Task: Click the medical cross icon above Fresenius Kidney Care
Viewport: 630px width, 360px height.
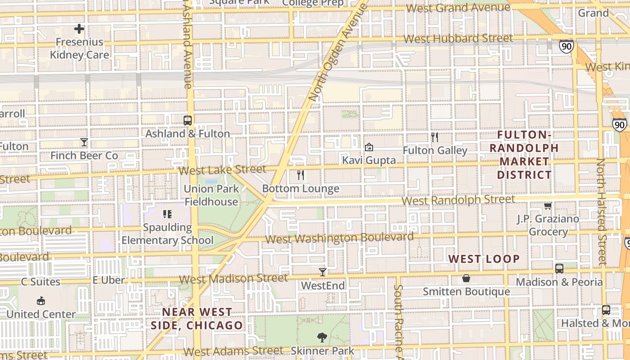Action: [x=79, y=29]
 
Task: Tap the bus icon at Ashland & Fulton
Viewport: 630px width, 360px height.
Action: [x=188, y=121]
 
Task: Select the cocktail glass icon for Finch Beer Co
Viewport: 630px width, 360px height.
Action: [x=84, y=143]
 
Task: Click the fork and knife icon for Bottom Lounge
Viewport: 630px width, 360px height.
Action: [x=301, y=175]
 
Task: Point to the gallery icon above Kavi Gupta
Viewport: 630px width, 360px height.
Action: [x=369, y=147]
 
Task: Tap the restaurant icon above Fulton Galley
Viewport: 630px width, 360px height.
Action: [x=435, y=137]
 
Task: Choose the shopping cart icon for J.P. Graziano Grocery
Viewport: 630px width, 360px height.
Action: [x=548, y=206]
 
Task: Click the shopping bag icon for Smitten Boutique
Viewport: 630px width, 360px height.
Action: [x=466, y=279]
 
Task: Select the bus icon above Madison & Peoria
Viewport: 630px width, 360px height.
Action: [x=559, y=269]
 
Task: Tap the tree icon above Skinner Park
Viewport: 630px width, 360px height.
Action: [x=322, y=337]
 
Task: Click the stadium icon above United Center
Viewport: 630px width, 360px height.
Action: [x=41, y=301]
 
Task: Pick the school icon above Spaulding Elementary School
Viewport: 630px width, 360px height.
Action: [x=167, y=214]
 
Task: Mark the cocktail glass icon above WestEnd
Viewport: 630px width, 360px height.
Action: [x=323, y=272]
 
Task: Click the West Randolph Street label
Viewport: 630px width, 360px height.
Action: [x=458, y=200]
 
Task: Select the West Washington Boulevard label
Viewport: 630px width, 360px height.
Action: [x=339, y=238]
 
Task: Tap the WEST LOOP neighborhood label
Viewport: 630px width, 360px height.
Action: [x=484, y=259]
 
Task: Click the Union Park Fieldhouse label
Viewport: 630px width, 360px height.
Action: [x=211, y=195]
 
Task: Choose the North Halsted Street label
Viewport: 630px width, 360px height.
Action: [x=601, y=211]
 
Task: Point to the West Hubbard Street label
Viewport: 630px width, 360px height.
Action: [x=458, y=39]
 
